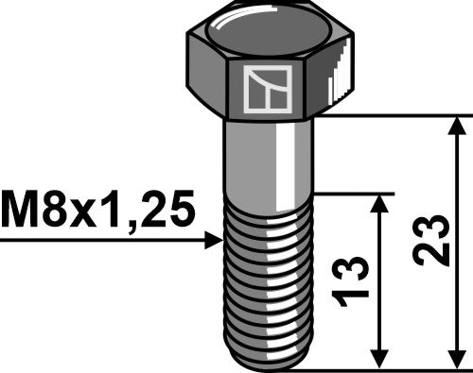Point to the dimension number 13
351,281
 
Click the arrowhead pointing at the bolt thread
214,242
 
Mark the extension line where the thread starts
350,194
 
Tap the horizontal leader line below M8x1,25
95,242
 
